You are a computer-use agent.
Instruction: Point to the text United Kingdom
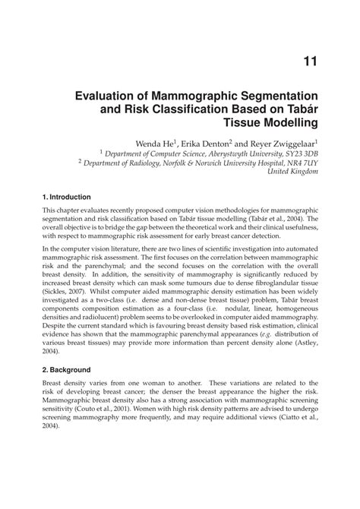click(x=294, y=172)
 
